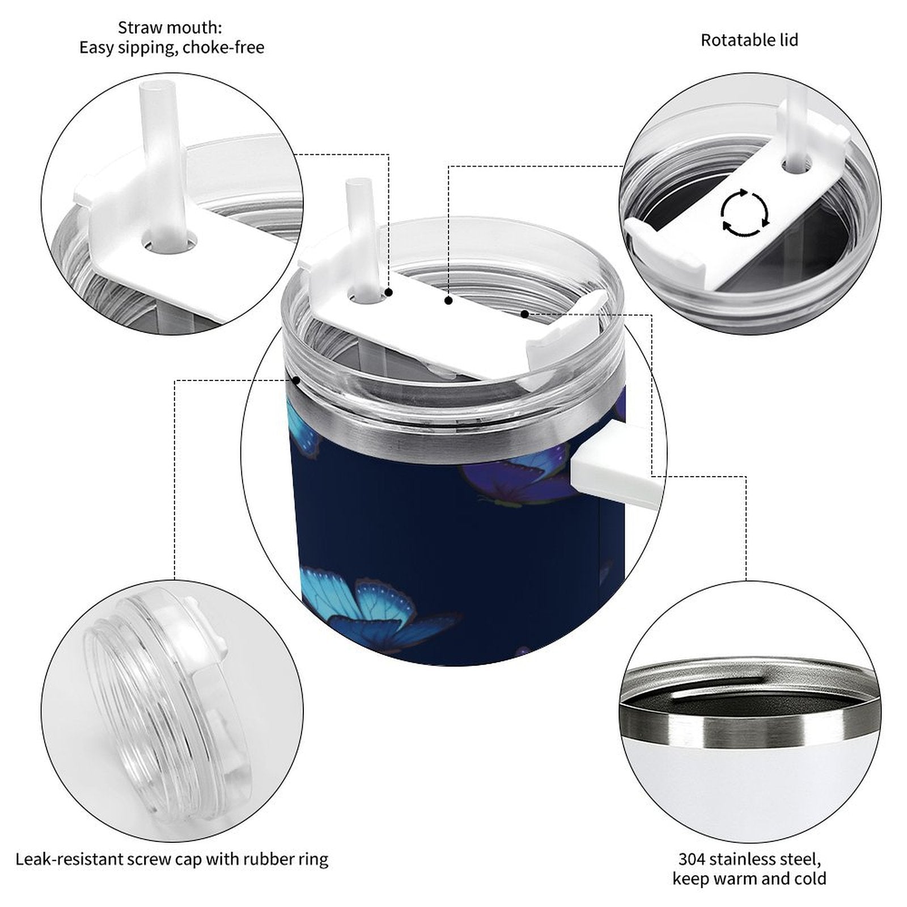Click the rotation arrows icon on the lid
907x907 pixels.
coord(744,213)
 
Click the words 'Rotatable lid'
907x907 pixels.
coord(749,40)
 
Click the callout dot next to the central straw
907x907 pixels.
coord(389,293)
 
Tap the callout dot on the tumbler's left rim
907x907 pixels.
coord(295,380)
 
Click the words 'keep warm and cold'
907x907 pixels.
coord(749,879)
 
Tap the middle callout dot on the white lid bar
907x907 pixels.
coord(448,300)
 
